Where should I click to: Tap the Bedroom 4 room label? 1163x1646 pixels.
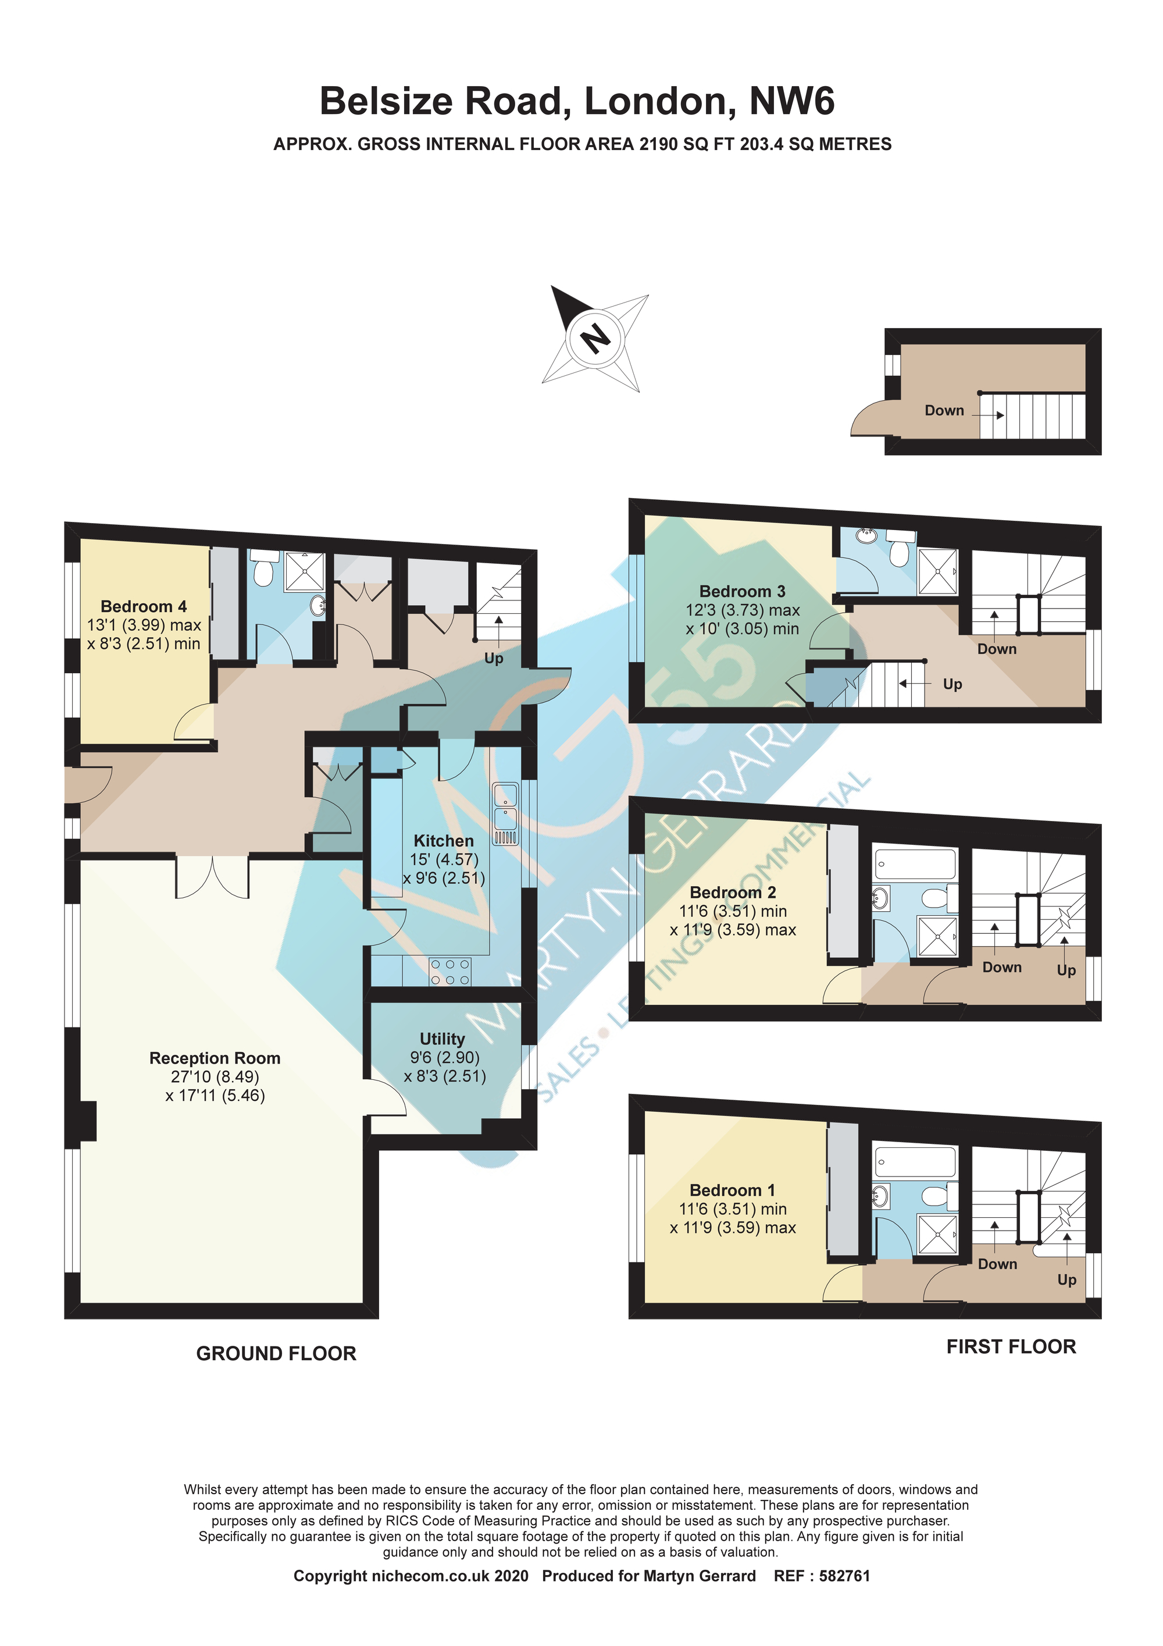(144, 606)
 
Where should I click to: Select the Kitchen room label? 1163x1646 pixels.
(444, 841)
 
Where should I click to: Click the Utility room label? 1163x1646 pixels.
(442, 1039)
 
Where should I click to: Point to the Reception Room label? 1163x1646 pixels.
(215, 1058)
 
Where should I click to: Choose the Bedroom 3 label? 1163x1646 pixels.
(743, 592)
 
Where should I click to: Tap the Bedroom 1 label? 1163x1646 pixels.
(732, 1190)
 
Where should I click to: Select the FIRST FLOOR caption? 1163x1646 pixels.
(1011, 1347)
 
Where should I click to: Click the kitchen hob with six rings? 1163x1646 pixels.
(451, 972)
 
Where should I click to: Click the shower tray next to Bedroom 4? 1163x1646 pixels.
(305, 572)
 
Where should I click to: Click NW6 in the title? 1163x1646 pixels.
(792, 101)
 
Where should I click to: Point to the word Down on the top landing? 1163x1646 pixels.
(944, 411)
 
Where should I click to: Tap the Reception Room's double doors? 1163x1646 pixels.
(213, 876)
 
